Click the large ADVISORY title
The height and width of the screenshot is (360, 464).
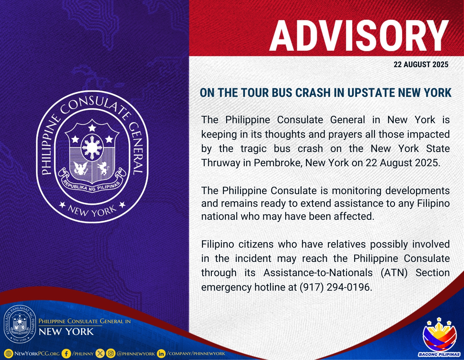pos(359,36)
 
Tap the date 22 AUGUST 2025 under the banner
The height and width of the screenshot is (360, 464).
pos(421,64)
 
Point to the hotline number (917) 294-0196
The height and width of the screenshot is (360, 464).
pos(336,287)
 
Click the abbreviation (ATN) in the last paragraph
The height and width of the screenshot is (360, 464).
pos(394,273)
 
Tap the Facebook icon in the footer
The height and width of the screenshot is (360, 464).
pos(66,353)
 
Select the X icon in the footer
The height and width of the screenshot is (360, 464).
pos(100,353)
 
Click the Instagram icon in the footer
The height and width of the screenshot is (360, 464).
pos(111,353)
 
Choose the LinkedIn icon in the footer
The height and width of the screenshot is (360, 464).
pos(161,353)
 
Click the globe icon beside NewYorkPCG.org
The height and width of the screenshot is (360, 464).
pos(9,353)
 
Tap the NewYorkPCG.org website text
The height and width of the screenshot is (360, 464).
pos(37,353)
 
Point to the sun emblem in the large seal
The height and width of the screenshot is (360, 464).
pos(92,147)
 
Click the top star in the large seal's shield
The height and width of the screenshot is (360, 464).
pos(92,128)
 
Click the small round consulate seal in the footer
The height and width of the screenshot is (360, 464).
pos(20,324)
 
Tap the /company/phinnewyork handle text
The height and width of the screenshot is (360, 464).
pos(196,353)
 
